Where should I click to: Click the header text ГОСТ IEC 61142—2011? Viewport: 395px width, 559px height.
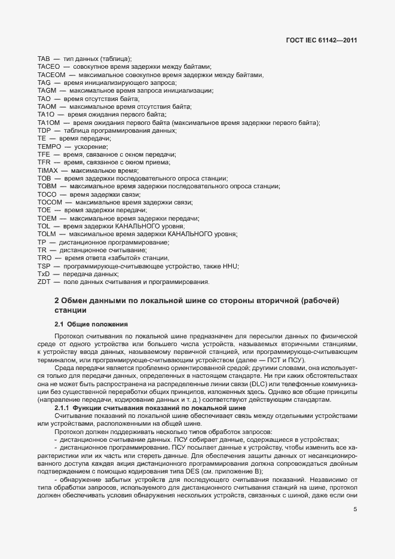point(322,41)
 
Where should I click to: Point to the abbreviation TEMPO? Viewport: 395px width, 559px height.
point(47,146)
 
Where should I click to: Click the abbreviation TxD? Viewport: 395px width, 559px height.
point(44,273)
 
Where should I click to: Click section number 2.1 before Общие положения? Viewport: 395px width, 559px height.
point(59,324)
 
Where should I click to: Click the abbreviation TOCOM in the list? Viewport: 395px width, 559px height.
point(49,201)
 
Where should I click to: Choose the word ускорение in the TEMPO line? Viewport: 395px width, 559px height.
point(91,146)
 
